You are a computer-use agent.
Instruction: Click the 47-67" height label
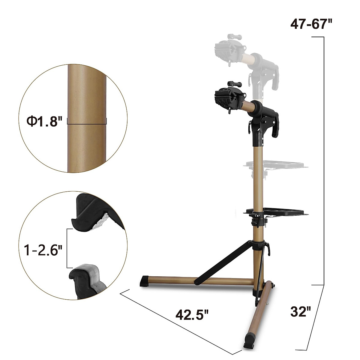[x=312, y=24]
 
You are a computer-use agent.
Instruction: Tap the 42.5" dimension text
[x=192, y=315]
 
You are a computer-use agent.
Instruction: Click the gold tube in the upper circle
[x=87, y=90]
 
